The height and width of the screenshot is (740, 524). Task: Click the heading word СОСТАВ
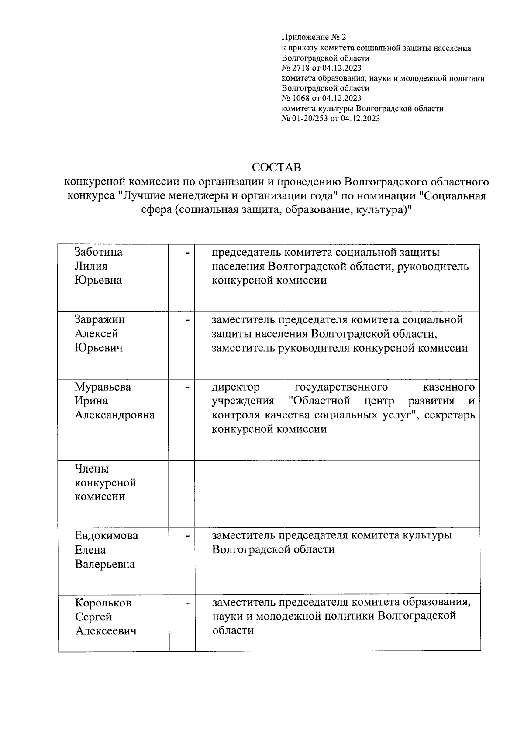(276, 168)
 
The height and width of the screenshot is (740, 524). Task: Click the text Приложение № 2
(314, 38)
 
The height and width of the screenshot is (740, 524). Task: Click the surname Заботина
(99, 252)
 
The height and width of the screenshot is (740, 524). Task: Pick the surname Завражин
(100, 319)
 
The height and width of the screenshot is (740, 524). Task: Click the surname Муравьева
(103, 387)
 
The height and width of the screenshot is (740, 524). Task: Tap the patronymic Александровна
(115, 415)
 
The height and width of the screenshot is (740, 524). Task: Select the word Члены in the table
(92, 469)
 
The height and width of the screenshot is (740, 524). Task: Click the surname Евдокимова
(107, 536)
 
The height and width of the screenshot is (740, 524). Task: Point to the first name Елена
(90, 550)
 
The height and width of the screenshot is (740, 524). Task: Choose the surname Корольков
(103, 603)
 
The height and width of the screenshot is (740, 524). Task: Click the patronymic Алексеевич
(106, 631)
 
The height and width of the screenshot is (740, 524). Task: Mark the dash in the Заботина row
(187, 253)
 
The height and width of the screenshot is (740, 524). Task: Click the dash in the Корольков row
(187, 603)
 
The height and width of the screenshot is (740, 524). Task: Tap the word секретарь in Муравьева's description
(449, 415)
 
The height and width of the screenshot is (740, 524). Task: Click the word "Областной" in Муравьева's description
(319, 401)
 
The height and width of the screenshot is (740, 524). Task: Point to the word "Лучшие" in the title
(141, 195)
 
